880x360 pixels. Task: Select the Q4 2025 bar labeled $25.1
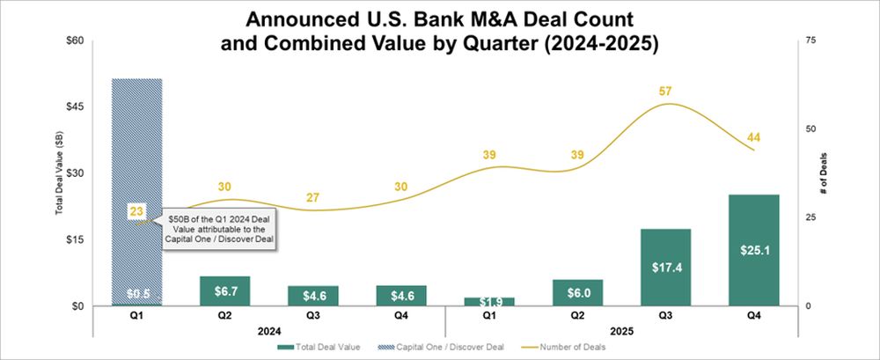point(753,251)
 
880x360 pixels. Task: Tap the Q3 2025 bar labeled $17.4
point(665,268)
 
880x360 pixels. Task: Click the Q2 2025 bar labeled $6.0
point(577,293)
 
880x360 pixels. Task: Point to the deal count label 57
point(665,92)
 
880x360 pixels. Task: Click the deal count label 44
point(753,137)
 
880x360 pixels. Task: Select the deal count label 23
point(136,211)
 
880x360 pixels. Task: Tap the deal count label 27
point(313,197)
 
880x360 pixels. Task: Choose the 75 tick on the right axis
point(811,40)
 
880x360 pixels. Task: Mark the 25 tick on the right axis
point(811,217)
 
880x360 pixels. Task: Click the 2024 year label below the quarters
point(269,331)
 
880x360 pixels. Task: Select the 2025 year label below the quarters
point(621,331)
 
